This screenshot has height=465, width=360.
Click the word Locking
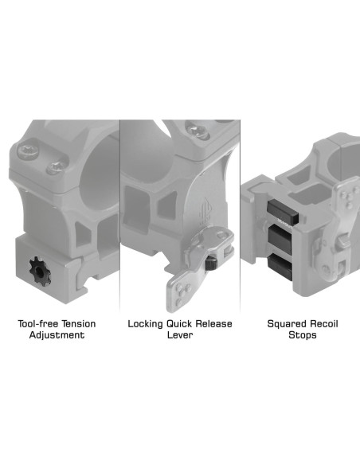(147, 324)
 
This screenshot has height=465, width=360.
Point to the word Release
(218, 324)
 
